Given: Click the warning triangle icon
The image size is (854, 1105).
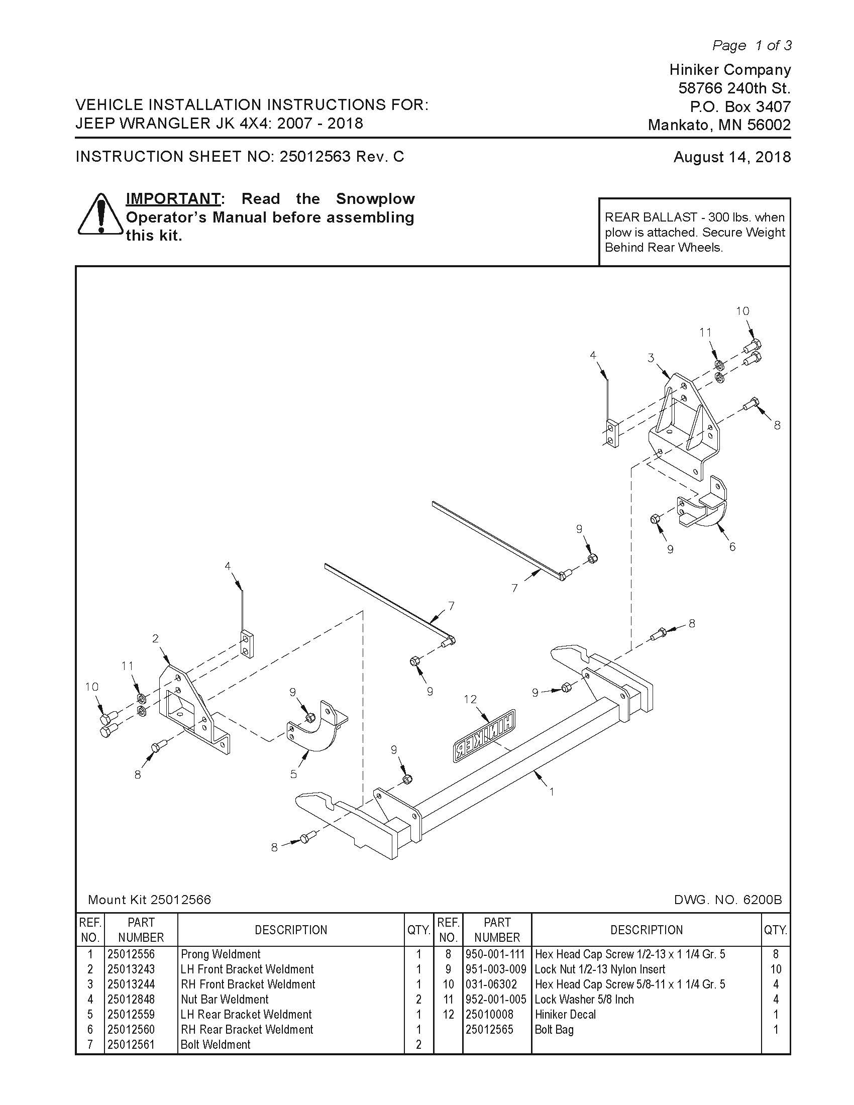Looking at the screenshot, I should coord(100,214).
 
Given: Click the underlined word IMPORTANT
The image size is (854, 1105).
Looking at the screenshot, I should coord(172,198).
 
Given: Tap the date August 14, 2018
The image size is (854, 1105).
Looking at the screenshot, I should coord(731,157).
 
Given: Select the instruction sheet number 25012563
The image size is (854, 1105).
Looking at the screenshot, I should coord(314,156).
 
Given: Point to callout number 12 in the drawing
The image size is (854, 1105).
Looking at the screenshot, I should coord(470,699).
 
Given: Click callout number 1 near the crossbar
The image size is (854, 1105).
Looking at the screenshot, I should coord(552,791).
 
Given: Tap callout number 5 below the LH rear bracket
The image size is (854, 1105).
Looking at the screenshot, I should coord(293,774).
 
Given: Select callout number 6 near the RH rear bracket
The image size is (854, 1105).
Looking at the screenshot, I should coord(732,546).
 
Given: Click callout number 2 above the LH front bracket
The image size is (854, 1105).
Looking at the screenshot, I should coord(155,638).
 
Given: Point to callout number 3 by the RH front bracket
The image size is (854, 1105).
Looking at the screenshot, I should coord(651,358).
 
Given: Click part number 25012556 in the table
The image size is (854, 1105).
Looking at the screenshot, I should coord(131,954).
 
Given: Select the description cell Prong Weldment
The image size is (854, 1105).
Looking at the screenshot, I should coord(221,954).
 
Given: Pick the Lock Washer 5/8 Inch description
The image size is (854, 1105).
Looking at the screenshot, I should coord(584,999).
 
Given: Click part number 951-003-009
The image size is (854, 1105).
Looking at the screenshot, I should coord(496,969).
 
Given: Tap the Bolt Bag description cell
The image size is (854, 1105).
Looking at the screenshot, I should coord(554,1030).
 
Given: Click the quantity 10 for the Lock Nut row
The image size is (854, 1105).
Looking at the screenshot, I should coord(775,969).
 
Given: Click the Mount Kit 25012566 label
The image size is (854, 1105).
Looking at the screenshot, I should coord(149,900).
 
